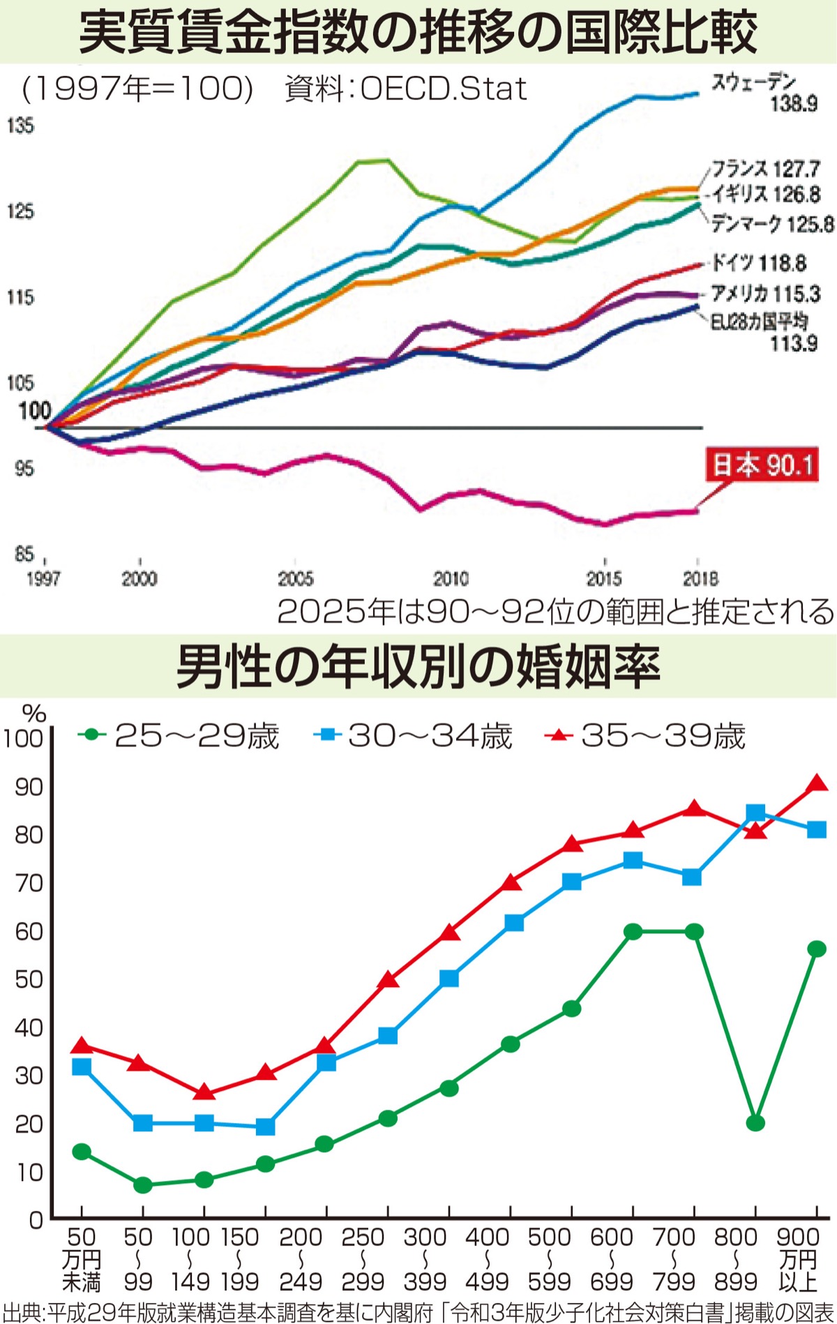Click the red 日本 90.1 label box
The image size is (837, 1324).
tap(762, 465)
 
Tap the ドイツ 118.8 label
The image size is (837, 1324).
tap(757, 263)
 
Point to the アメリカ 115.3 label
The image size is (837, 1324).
tap(765, 294)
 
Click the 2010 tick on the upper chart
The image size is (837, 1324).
tap(451, 578)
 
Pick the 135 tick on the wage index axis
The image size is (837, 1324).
tap(20, 126)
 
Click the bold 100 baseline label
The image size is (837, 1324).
tap(35, 411)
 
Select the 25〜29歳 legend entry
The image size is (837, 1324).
tap(181, 735)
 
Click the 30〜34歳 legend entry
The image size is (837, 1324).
tap(415, 735)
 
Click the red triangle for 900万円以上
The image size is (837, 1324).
tap(817, 783)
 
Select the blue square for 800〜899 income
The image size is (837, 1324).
tap(755, 813)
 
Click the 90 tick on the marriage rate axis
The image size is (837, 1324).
tap(29, 786)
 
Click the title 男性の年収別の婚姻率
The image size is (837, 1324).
tap(418, 668)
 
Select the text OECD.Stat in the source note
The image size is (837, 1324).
tap(444, 89)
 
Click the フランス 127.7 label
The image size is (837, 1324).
tap(766, 169)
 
